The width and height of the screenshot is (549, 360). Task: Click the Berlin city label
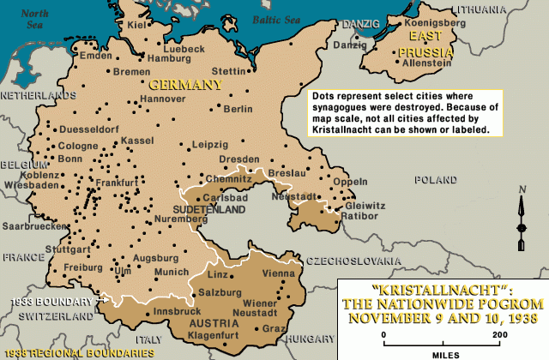238,109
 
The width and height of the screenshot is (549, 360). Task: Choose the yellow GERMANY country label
185,85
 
